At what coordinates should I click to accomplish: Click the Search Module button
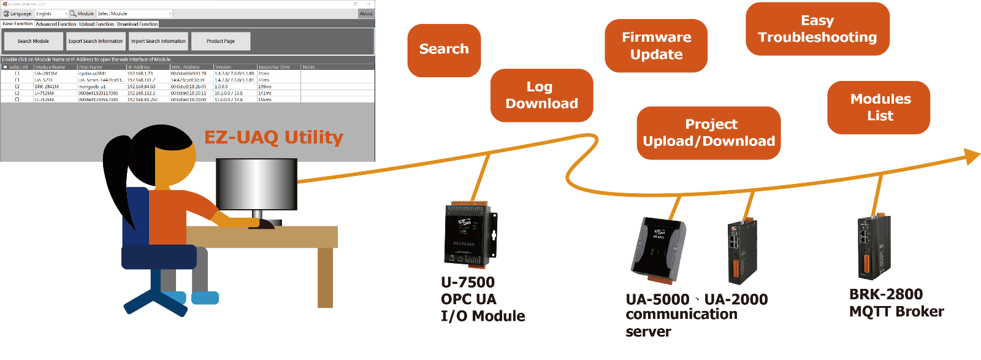click(x=33, y=41)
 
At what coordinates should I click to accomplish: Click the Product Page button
click(x=221, y=41)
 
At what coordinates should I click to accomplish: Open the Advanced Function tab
click(x=56, y=24)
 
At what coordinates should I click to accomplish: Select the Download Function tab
click(x=137, y=24)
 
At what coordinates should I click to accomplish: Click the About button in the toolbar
click(x=366, y=13)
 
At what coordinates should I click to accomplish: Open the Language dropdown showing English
click(x=52, y=13)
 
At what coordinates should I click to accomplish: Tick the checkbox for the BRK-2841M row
click(x=17, y=86)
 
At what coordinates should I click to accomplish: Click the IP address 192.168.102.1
click(x=141, y=93)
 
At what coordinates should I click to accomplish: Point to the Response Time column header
click(x=274, y=67)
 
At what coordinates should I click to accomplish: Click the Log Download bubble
click(x=541, y=95)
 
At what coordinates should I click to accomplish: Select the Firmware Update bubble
click(x=656, y=46)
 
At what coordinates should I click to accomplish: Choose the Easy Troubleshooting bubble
click(x=817, y=29)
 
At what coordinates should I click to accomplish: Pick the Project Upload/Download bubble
click(x=708, y=133)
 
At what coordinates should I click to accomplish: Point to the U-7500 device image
click(x=470, y=235)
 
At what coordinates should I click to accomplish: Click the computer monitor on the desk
click(x=256, y=184)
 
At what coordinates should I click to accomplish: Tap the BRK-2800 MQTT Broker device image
click(x=874, y=247)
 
